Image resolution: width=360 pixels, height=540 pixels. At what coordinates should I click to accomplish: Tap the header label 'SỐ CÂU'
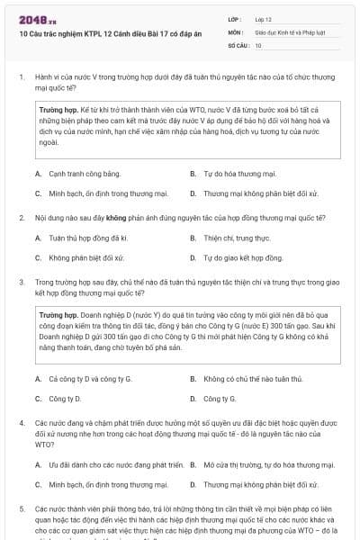[237, 44]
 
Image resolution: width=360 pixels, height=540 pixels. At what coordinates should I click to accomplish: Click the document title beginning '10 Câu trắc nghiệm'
[95, 31]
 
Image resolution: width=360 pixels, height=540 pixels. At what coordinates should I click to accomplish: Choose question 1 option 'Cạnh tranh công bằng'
[72, 174]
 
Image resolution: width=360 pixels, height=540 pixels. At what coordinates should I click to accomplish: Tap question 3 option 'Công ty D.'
[65, 399]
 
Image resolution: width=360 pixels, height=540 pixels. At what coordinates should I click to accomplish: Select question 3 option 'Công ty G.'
[220, 399]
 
